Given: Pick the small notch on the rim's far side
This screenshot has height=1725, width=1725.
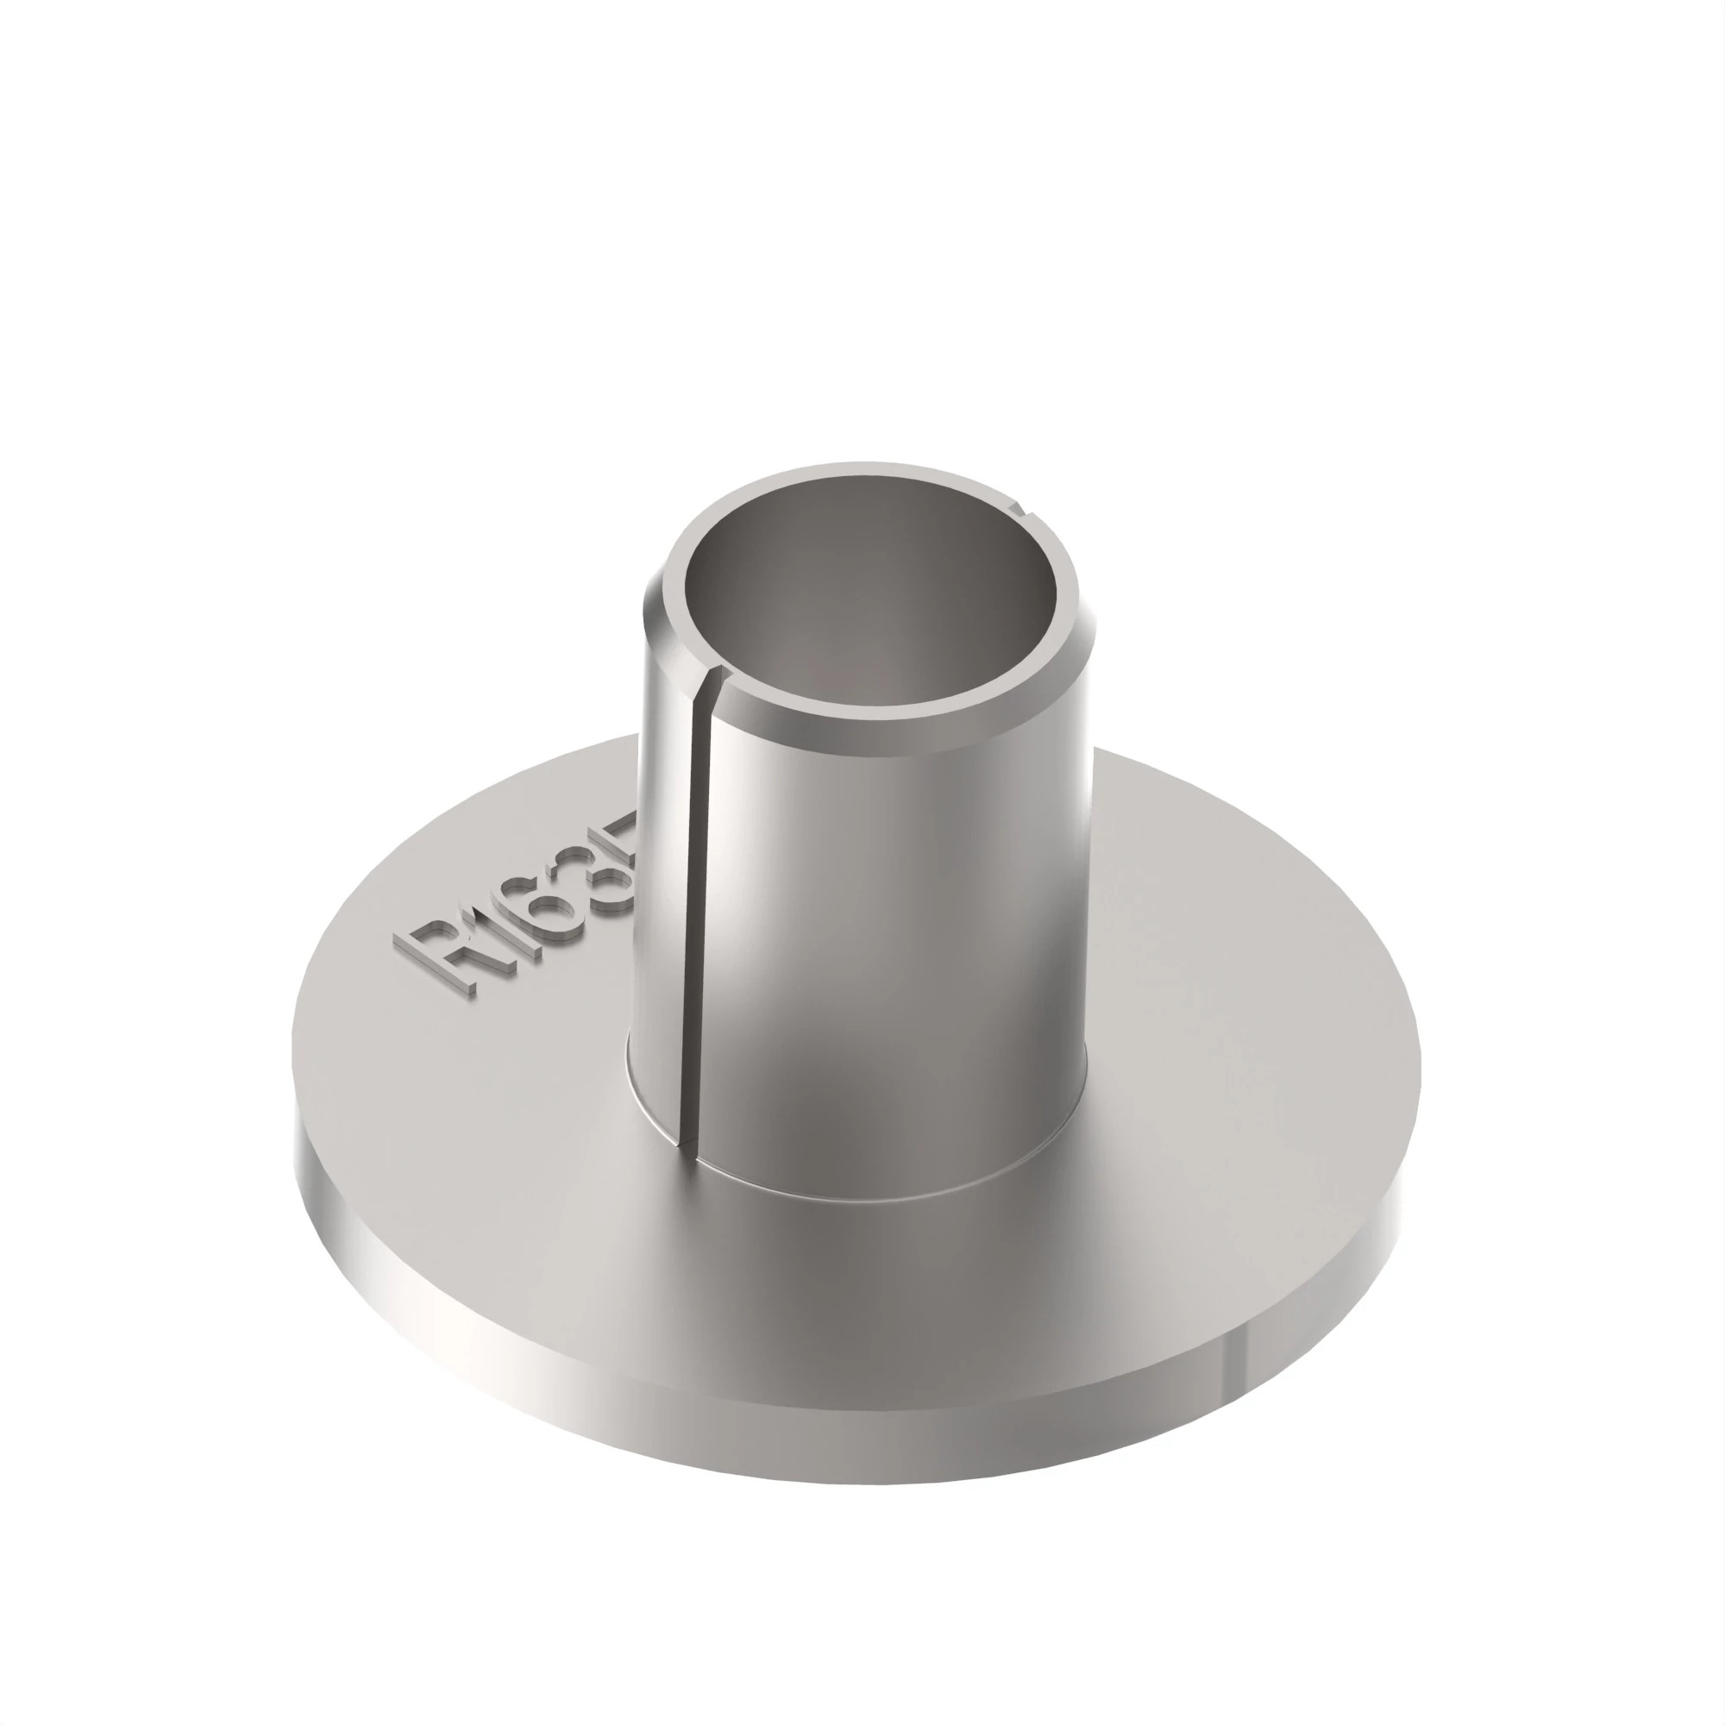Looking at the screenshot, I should (1019, 510).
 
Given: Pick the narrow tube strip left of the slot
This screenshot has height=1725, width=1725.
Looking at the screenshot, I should (665, 893).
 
